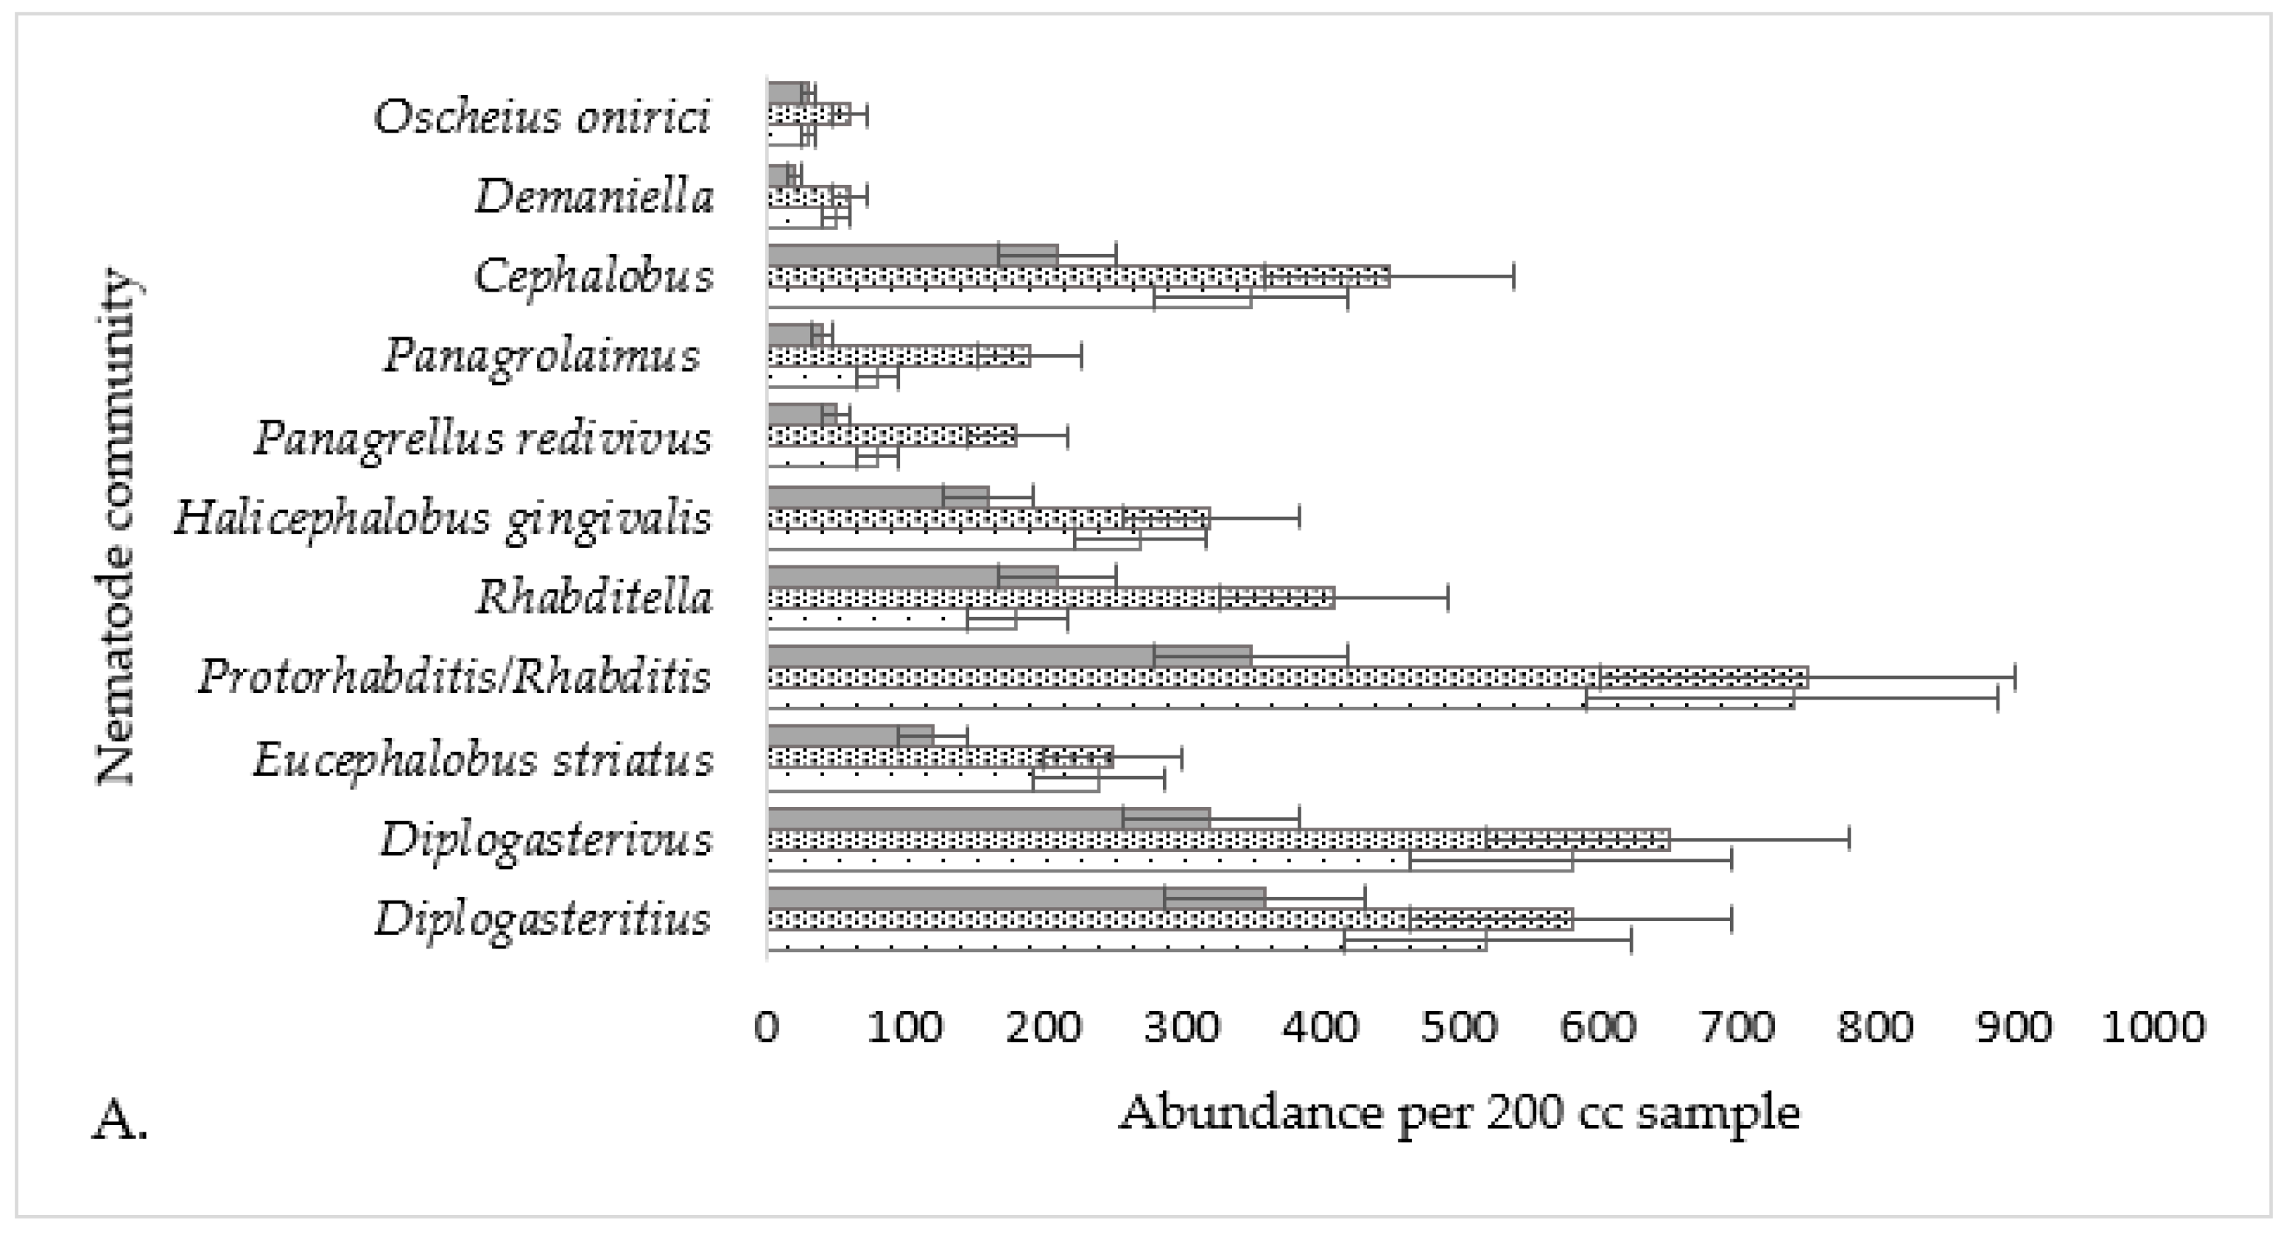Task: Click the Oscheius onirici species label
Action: click(x=541, y=117)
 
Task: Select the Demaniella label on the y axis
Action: click(x=594, y=196)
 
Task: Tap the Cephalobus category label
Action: click(x=594, y=276)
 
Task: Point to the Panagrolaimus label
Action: click(x=541, y=356)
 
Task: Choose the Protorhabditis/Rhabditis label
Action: click(x=454, y=678)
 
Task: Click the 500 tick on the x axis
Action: click(x=1459, y=1028)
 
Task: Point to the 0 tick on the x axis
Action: click(x=767, y=1028)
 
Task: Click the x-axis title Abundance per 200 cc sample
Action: click(x=1459, y=1113)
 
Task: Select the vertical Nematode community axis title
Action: click(x=116, y=527)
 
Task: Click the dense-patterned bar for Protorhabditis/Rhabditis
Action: click(x=1287, y=678)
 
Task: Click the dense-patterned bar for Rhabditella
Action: click(x=1047, y=598)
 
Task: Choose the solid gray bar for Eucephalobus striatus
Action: click(x=834, y=736)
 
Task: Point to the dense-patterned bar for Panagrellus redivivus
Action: click(x=887, y=437)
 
